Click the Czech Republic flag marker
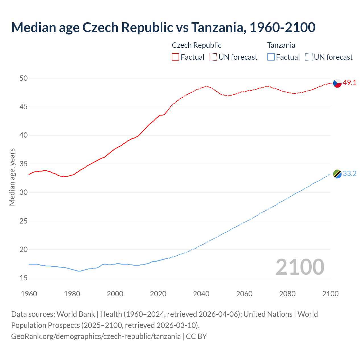(337, 83)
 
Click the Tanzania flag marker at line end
(337, 174)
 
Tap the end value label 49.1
(349, 83)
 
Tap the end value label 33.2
(349, 174)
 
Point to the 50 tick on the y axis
(24, 78)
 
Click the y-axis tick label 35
(24, 164)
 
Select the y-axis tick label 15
(24, 278)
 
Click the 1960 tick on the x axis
(29, 294)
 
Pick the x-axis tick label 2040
(201, 294)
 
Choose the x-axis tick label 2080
(287, 294)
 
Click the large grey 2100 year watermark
(300, 267)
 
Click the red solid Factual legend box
(175, 57)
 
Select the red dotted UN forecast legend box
(213, 57)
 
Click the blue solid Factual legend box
(271, 57)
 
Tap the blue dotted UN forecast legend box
(309, 57)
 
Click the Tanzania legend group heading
(281, 45)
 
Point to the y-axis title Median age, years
(12, 177)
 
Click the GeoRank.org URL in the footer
(96, 336)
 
